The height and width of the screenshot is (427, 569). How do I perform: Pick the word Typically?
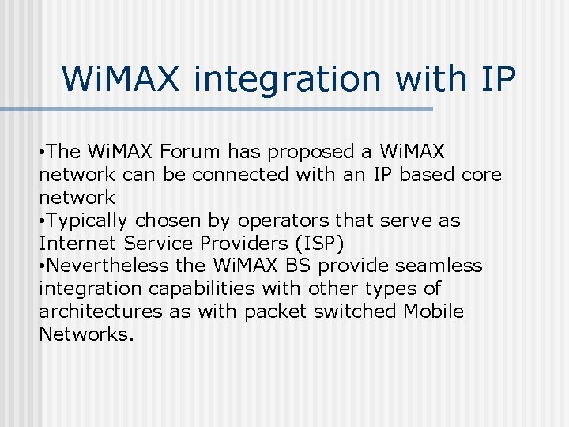[89, 220]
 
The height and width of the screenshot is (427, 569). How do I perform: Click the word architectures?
[100, 312]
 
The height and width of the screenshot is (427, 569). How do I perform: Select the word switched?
[355, 312]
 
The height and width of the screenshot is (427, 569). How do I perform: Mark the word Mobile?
[434, 312]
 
